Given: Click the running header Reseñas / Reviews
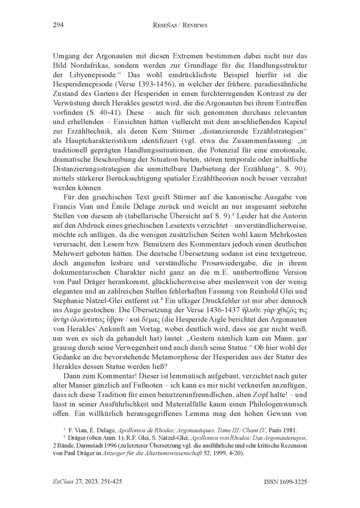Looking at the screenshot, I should click(180, 26).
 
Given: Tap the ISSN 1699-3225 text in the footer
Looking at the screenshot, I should click(284, 481).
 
